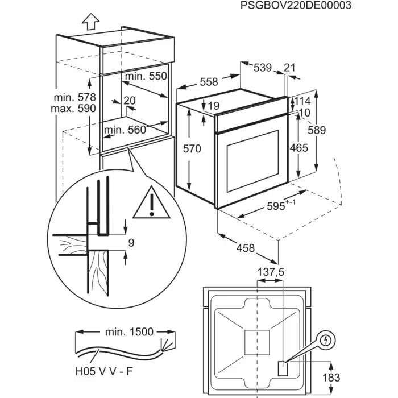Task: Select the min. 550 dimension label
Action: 146,76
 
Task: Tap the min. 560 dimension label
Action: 125,130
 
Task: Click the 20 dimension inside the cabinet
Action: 130,101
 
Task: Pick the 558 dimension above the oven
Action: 209,82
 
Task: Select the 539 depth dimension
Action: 262,68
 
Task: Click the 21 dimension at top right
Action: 289,68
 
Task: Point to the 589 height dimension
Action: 317,130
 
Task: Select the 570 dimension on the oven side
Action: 192,150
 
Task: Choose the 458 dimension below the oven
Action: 246,248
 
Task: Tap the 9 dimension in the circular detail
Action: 131,243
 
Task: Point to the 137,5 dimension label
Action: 271,272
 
